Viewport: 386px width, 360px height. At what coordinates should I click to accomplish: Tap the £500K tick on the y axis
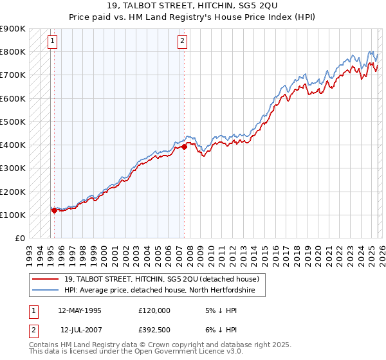(13, 122)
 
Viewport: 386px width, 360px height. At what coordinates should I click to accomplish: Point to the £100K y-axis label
(13, 215)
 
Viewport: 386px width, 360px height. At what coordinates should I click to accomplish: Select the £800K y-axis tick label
(13, 51)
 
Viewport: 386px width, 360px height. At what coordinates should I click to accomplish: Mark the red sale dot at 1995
(54, 210)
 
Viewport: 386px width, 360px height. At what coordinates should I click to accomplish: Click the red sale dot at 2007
(184, 147)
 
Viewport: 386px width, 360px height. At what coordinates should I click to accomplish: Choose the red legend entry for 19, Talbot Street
(161, 279)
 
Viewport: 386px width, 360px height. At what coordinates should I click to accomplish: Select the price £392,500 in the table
(154, 330)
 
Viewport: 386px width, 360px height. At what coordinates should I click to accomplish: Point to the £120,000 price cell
(154, 310)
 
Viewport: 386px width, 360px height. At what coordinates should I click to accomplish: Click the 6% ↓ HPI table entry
(220, 330)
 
